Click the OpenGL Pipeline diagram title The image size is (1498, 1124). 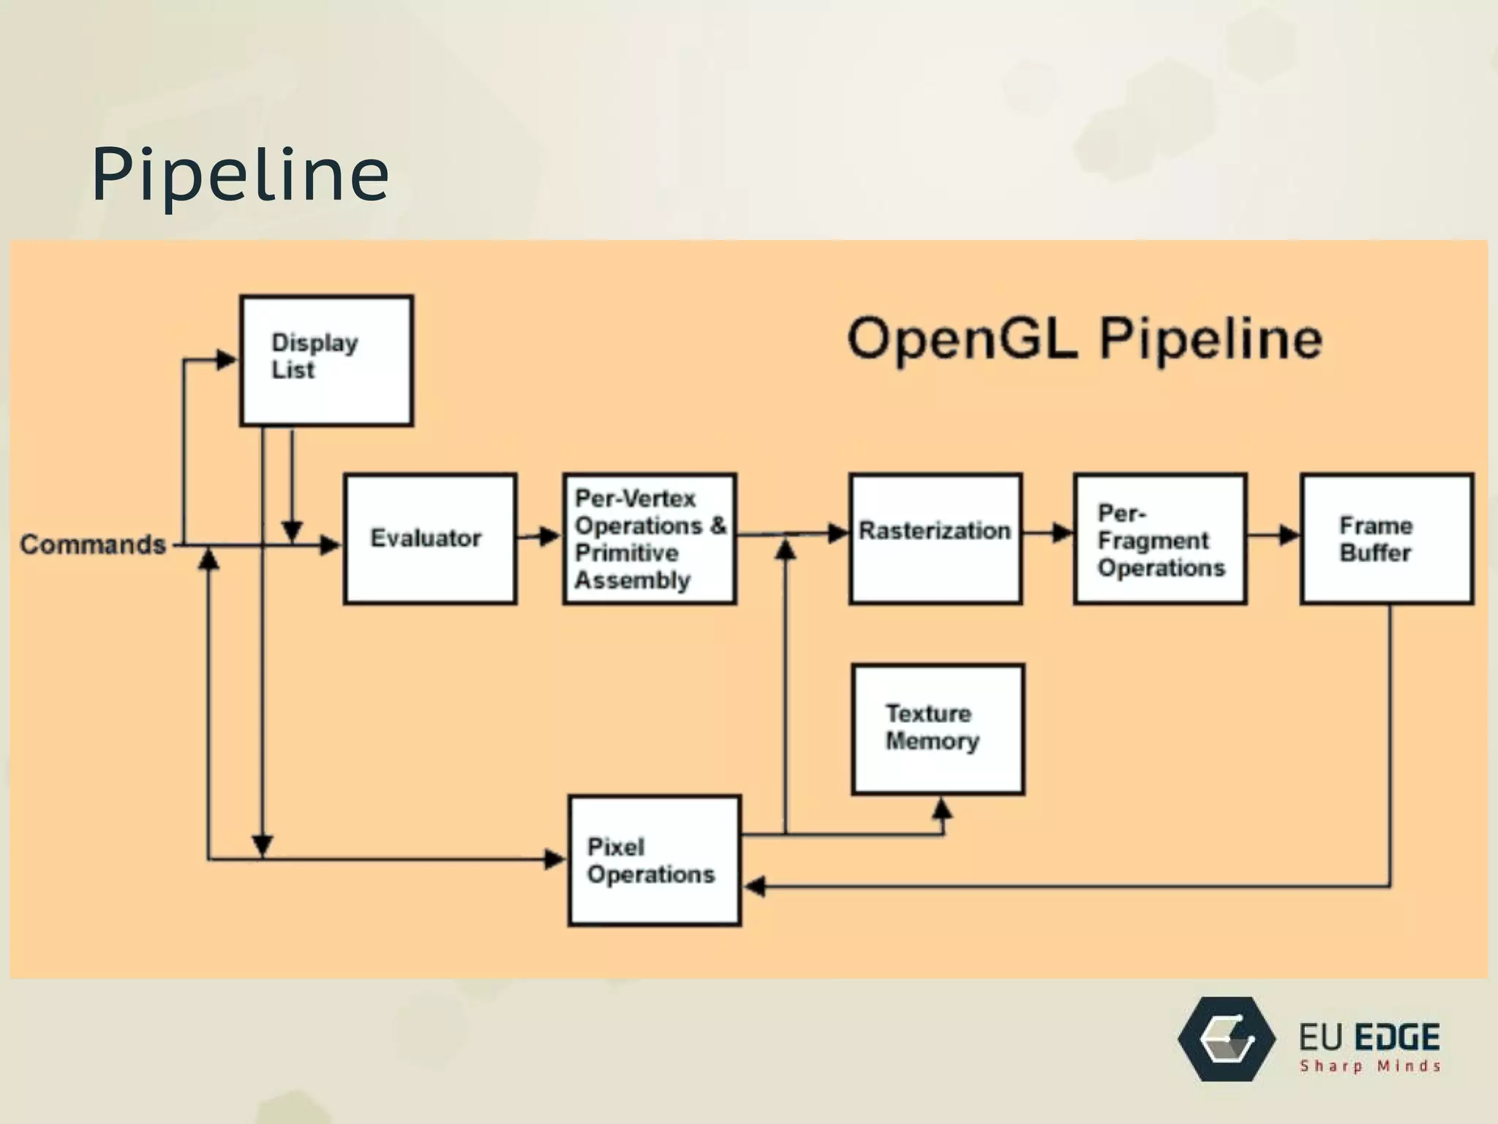(x=1084, y=338)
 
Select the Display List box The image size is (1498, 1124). (x=326, y=360)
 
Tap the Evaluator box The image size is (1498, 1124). (x=430, y=539)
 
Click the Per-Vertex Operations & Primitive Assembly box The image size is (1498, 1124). (x=650, y=539)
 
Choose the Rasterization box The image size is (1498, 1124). (x=935, y=539)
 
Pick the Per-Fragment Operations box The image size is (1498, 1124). (x=1160, y=539)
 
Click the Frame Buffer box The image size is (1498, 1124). (x=1387, y=539)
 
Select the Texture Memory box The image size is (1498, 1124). (x=938, y=729)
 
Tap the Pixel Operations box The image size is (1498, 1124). (x=655, y=861)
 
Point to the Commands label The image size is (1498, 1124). (x=93, y=544)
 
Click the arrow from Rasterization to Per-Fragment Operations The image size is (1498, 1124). (x=1049, y=533)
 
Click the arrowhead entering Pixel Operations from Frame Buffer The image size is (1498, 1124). (x=755, y=886)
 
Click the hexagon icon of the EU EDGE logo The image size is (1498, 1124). (x=1227, y=1039)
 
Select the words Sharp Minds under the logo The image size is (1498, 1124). (x=1369, y=1066)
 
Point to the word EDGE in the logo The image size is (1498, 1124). (x=1396, y=1038)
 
